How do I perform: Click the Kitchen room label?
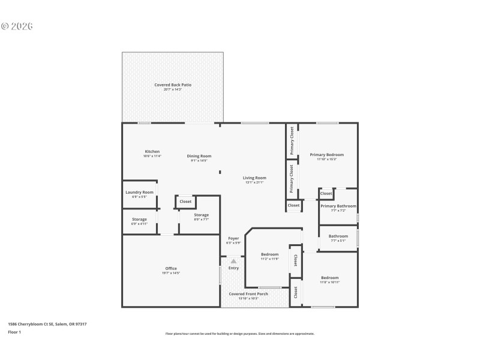coord(152,151)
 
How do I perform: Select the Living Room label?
coord(254,178)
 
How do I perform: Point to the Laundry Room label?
coord(139,192)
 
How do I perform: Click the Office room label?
coord(171,268)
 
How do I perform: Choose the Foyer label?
coord(233,238)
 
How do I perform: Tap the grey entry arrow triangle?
coord(233,261)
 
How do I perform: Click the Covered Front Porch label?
coord(248,294)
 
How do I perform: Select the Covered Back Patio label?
coord(173,85)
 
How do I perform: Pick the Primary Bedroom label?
coord(326,155)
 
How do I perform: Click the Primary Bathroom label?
coord(338,206)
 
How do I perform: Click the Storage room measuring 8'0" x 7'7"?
coord(201,215)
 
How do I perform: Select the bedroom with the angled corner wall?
coord(269,254)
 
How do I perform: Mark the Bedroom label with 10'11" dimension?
coord(329,278)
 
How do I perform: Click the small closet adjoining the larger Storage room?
coord(185,202)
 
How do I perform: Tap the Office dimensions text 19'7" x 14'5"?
coord(171,273)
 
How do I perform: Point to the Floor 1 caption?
coord(14,332)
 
